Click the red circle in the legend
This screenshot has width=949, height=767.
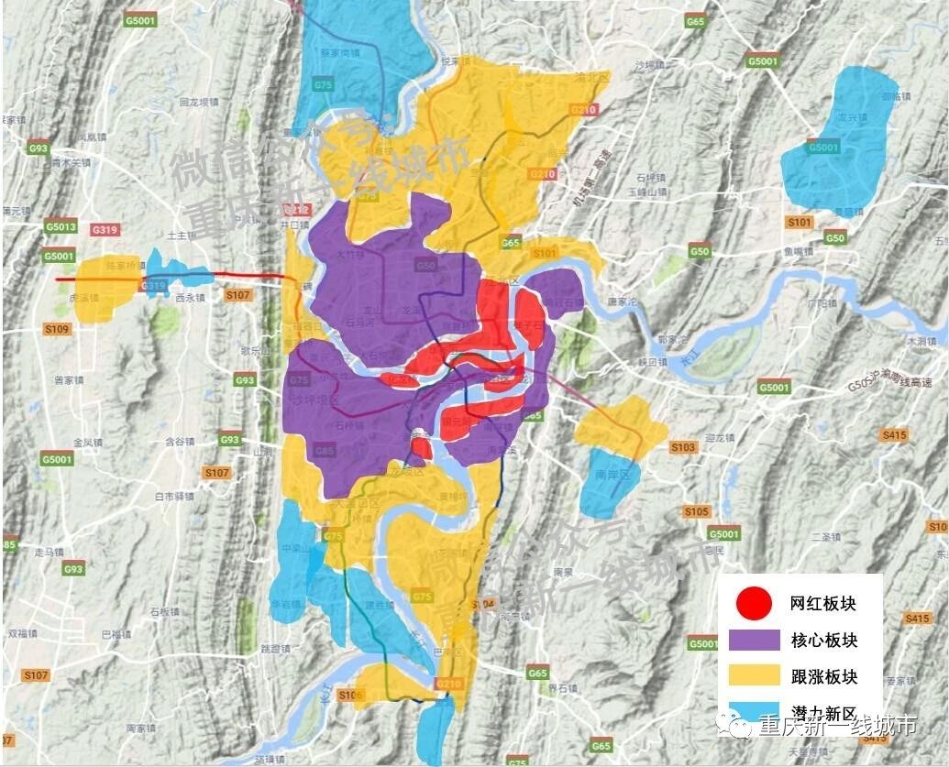point(754,603)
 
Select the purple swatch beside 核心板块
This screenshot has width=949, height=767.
point(753,640)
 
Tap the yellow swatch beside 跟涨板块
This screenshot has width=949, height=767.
point(753,676)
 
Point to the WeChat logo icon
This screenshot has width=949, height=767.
point(740,725)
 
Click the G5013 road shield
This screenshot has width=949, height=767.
point(59,226)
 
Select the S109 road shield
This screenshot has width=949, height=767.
point(56,328)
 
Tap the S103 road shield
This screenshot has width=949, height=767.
point(683,447)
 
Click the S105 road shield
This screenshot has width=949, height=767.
point(696,510)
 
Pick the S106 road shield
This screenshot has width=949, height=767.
point(350,696)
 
